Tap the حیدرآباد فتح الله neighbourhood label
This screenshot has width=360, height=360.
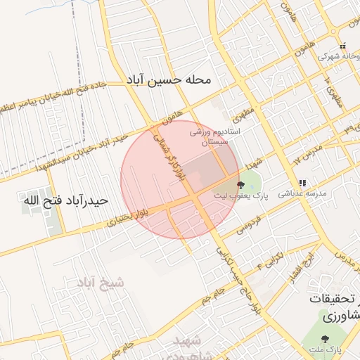tap(65, 200)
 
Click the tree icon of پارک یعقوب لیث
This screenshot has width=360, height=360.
tap(241, 185)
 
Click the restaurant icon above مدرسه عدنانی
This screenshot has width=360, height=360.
tap(302, 183)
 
